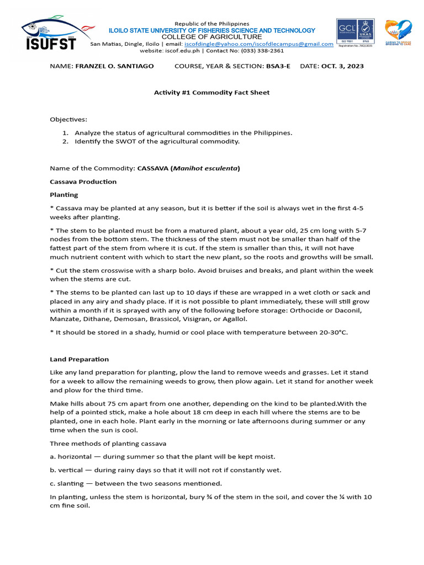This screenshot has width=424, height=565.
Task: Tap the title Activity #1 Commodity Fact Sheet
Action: pos(211,92)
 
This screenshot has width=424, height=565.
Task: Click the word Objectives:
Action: pos(68,119)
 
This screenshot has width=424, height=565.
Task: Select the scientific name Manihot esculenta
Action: pos(205,168)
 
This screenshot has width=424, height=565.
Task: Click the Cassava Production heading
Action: pos(83,182)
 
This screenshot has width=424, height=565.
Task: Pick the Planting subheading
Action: pos(64,195)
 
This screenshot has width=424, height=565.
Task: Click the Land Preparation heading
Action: pos(79,359)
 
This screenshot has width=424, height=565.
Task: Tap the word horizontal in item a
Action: pos(75,456)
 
